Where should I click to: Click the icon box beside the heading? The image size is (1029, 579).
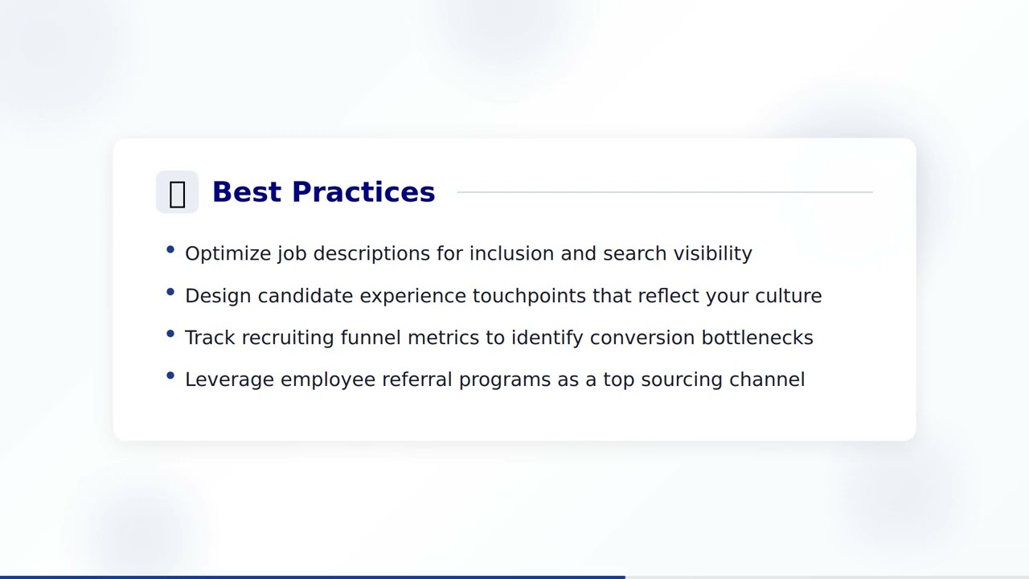(177, 193)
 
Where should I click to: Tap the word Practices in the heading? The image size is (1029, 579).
(363, 192)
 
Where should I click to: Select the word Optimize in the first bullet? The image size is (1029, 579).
(228, 254)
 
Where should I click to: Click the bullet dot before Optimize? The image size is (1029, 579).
(170, 250)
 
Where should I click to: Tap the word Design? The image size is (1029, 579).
(218, 296)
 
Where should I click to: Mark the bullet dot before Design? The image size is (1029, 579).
(170, 292)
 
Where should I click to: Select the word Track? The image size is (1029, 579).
(210, 338)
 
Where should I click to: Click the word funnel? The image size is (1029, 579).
(371, 338)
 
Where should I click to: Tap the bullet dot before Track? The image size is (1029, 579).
(170, 334)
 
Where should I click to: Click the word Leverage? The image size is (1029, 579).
(229, 380)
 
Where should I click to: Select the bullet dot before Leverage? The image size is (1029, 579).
(170, 376)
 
